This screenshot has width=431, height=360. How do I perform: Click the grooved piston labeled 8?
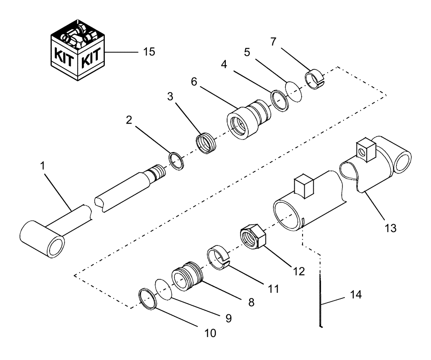point(186,278)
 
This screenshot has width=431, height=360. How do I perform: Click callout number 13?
point(390,228)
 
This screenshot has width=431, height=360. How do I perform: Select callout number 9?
point(228,319)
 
